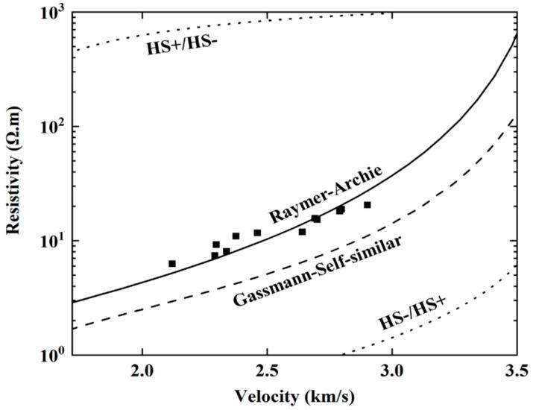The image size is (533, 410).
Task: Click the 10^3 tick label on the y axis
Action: point(53,13)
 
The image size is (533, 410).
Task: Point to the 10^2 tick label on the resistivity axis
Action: point(53,127)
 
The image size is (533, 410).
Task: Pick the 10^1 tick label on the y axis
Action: point(53,242)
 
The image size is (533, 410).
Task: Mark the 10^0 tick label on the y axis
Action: point(53,355)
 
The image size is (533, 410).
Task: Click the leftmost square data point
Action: point(172,263)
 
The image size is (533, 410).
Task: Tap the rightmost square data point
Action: point(368,204)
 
